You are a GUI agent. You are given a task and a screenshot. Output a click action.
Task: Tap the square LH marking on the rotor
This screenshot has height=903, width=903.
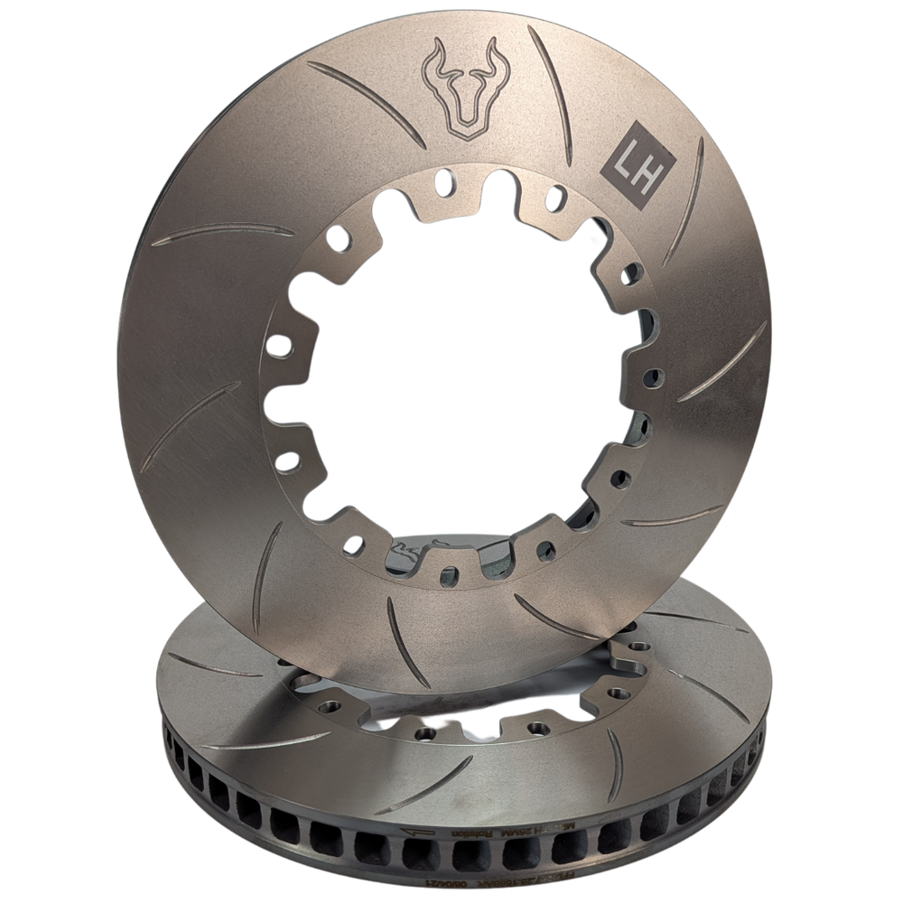click(x=639, y=163)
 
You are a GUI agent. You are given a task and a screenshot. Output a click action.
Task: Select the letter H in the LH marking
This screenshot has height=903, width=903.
click(x=649, y=163)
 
